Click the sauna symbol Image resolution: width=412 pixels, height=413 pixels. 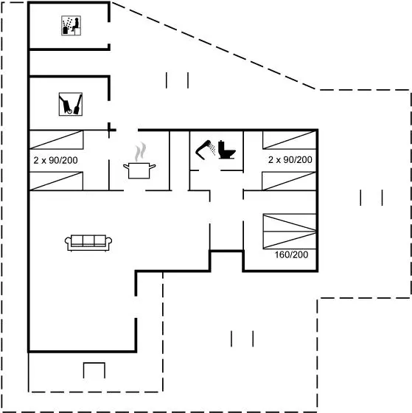[71, 26]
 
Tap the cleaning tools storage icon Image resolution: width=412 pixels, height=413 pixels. [71, 104]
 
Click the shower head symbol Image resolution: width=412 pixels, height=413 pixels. [206, 150]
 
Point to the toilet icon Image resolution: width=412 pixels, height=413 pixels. [227, 150]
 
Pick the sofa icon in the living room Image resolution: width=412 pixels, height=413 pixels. [88, 243]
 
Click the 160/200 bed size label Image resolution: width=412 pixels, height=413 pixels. [291, 254]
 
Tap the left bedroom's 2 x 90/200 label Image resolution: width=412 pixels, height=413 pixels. [55, 160]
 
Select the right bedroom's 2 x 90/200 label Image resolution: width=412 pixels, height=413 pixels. [290, 159]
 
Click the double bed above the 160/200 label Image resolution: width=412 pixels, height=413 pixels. [290, 232]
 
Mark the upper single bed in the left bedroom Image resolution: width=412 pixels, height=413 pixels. [57, 139]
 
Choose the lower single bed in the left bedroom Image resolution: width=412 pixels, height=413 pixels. [56, 181]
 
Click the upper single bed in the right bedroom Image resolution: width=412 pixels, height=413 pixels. [290, 140]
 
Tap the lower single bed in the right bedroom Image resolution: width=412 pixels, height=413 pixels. [289, 181]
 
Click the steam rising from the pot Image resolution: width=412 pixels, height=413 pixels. [140, 152]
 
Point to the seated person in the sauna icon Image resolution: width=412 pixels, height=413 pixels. [76, 24]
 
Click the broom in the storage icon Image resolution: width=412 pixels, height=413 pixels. [78, 104]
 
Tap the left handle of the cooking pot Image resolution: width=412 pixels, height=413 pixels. [126, 167]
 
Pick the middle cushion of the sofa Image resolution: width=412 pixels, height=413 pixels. [88, 240]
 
